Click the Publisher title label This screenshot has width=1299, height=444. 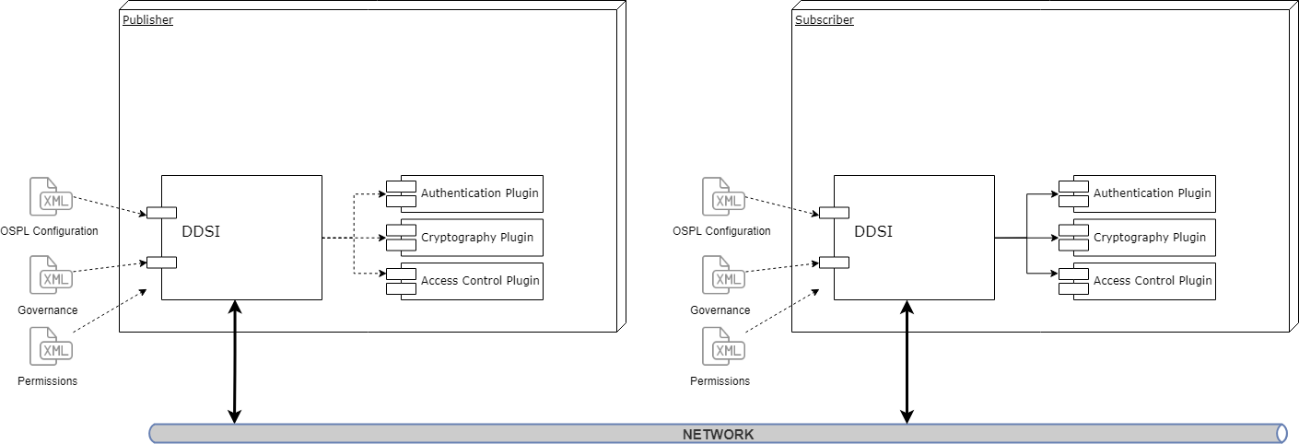click(x=147, y=19)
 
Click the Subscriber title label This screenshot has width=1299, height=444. click(x=824, y=19)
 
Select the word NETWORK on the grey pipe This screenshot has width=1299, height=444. click(x=718, y=434)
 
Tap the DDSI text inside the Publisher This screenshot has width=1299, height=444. click(x=201, y=232)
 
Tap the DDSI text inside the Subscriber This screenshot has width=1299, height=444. click(x=873, y=232)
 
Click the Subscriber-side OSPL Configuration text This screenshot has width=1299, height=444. click(x=721, y=230)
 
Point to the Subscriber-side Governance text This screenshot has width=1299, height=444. click(x=720, y=310)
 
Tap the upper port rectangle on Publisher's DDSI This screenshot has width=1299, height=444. click(x=161, y=214)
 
